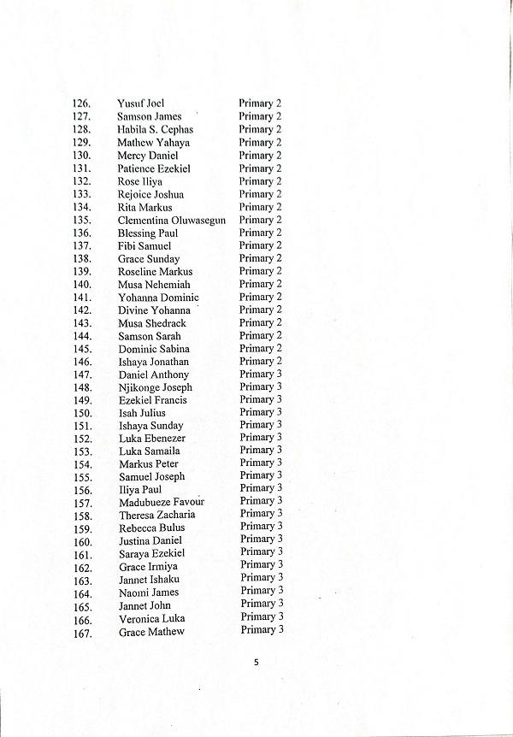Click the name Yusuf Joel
tap(141, 103)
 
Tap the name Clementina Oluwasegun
tap(172, 220)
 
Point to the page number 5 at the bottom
tap(256, 661)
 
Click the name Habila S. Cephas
tap(155, 129)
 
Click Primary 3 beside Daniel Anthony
tap(261, 374)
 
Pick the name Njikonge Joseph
tap(156, 387)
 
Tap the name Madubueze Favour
tap(162, 502)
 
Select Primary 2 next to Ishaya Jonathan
tap(261, 361)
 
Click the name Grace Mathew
tap(151, 632)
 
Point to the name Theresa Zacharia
tap(157, 515)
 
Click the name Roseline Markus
tap(155, 272)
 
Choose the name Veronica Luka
tap(152, 619)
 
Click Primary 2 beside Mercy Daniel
tap(260, 155)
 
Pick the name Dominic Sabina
tap(154, 349)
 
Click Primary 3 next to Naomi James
tap(262, 591)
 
